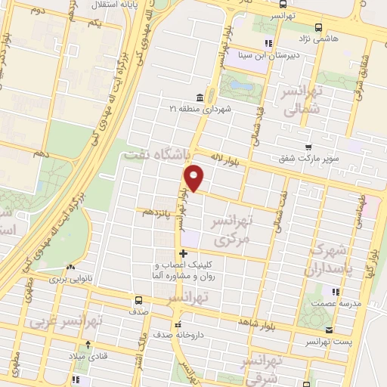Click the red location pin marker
(194, 178)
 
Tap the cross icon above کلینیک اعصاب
(181, 253)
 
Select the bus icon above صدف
(138, 299)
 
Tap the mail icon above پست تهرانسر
(329, 330)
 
